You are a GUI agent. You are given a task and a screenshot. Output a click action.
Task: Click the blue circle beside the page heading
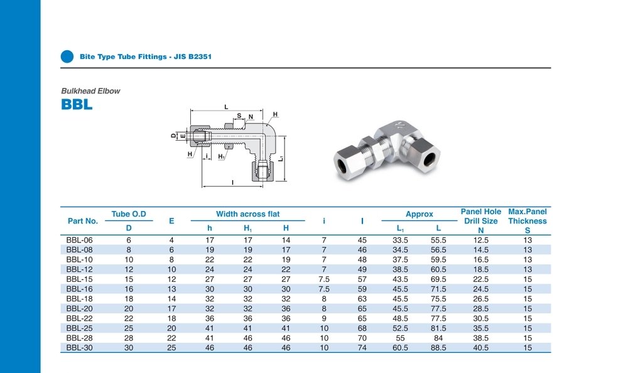[67, 57]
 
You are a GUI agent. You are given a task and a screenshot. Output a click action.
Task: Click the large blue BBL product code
[77, 105]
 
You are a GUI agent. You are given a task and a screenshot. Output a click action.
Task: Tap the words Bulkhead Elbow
[90, 91]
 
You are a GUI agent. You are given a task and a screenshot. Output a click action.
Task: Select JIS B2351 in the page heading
[193, 57]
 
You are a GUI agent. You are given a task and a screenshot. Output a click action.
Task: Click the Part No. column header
[83, 221]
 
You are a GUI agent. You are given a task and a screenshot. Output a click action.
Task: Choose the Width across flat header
[248, 214]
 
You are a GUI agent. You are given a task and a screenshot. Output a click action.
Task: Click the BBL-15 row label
[79, 279]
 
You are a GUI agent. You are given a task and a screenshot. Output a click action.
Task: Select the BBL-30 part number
[79, 348]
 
